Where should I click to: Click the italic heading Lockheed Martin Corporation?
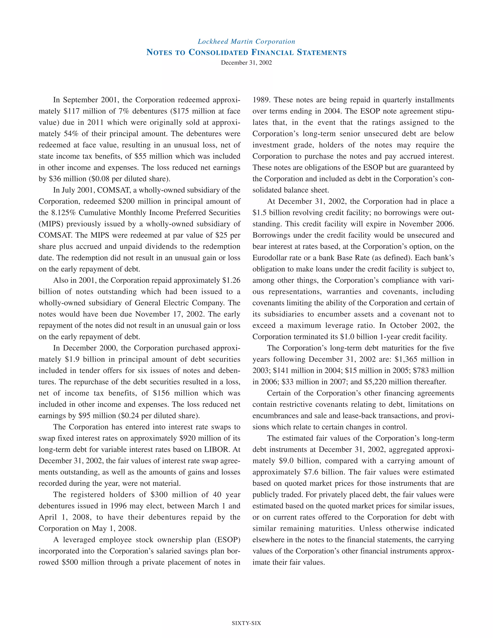point(246,41)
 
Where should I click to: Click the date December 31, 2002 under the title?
point(246,63)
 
